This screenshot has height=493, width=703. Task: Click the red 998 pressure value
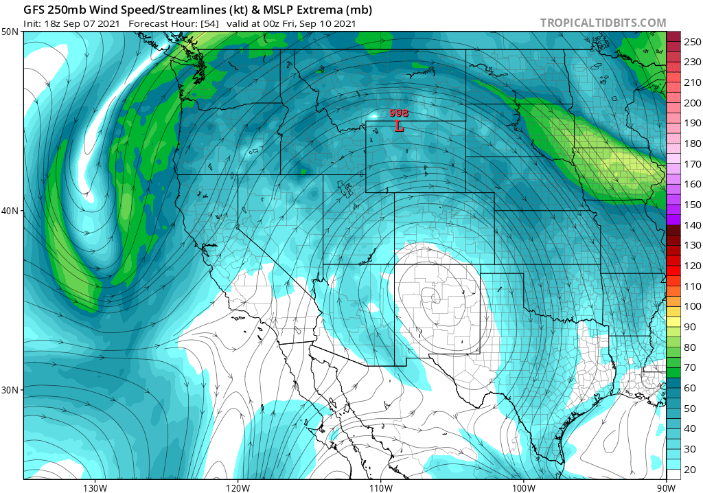pyautogui.click(x=399, y=113)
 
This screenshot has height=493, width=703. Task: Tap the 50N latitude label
pyautogui.click(x=10, y=32)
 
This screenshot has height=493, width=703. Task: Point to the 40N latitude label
pyautogui.click(x=10, y=211)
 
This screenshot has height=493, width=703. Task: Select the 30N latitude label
pyautogui.click(x=10, y=389)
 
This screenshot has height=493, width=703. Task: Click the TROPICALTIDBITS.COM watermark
pyautogui.click(x=603, y=23)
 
